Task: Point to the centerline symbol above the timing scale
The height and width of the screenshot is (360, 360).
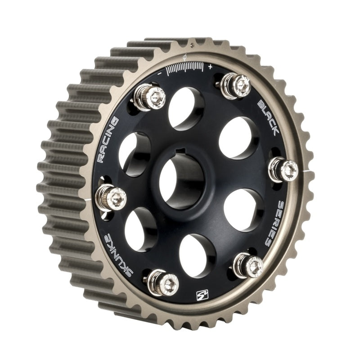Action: click(x=185, y=58)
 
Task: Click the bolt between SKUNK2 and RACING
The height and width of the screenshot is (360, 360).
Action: click(x=111, y=198)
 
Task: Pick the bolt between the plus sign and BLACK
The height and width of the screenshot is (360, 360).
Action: click(x=237, y=85)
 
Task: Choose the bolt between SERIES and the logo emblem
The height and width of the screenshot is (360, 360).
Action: click(x=248, y=265)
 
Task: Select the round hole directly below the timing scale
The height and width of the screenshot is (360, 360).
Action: click(x=186, y=109)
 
